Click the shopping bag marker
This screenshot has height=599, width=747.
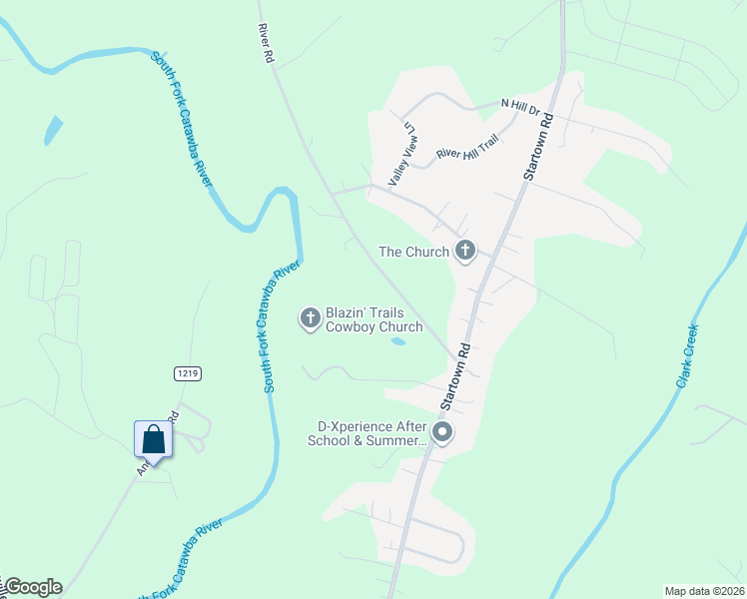pyautogui.click(x=153, y=438)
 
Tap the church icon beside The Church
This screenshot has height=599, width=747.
pyautogui.click(x=464, y=252)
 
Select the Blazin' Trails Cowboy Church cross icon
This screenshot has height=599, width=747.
pyautogui.click(x=310, y=318)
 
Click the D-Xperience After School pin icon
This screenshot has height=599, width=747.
pyautogui.click(x=441, y=433)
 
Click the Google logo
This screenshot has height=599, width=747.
pyautogui.click(x=33, y=587)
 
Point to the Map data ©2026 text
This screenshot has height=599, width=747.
pyautogui.click(x=704, y=591)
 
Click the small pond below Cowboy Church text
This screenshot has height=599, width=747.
pyautogui.click(x=397, y=341)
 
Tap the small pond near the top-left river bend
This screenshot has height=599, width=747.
pyautogui.click(x=52, y=131)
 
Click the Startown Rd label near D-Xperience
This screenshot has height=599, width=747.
pyautogui.click(x=453, y=378)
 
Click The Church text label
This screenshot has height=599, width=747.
pyautogui.click(x=412, y=252)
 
